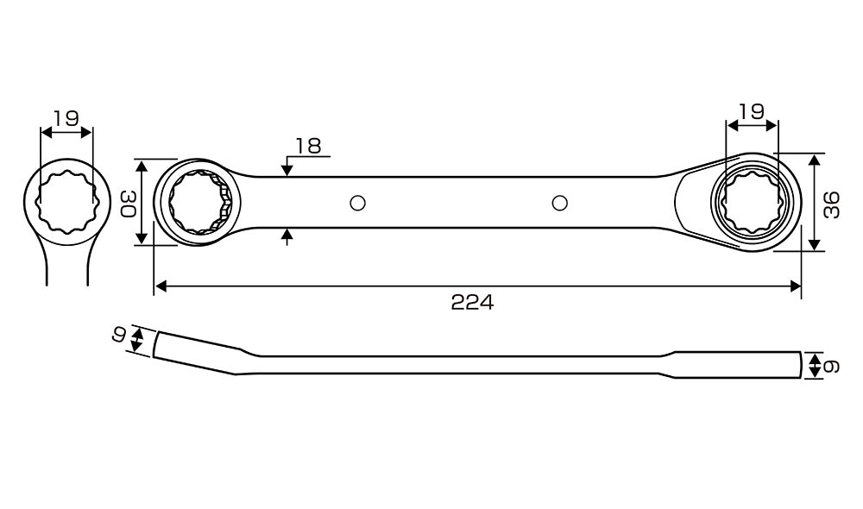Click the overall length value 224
point(472,302)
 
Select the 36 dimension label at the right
point(832,204)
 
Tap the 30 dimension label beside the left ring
point(127,204)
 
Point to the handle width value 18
point(308,146)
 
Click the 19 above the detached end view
point(66,117)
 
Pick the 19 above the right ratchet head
point(752,111)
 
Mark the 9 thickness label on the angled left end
point(119,334)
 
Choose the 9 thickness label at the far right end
point(832,367)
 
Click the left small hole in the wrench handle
point(357,203)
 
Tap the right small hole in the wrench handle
point(559,203)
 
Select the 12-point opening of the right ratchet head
point(753,203)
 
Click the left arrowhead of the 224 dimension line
point(161,286)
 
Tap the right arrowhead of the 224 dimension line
point(795,286)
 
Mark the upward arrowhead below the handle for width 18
point(287,235)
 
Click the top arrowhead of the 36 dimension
point(816,160)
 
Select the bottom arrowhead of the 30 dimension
point(142,238)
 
